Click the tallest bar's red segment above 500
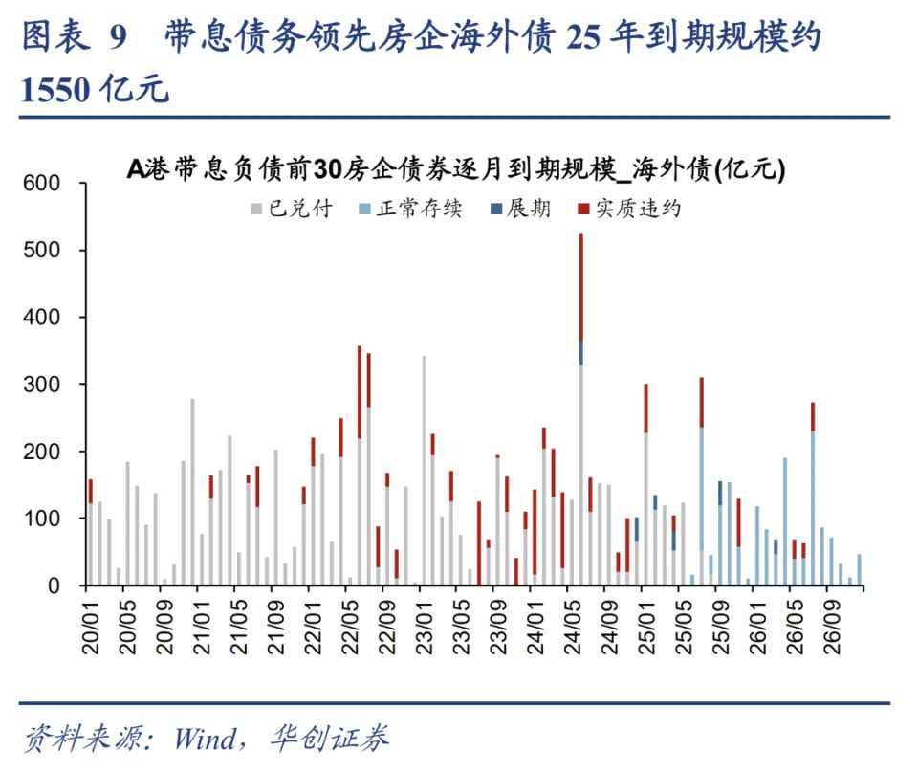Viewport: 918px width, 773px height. tap(580, 287)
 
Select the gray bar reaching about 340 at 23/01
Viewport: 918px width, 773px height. tap(424, 469)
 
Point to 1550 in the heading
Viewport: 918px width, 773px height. tap(55, 90)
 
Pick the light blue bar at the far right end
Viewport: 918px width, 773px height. tap(859, 569)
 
